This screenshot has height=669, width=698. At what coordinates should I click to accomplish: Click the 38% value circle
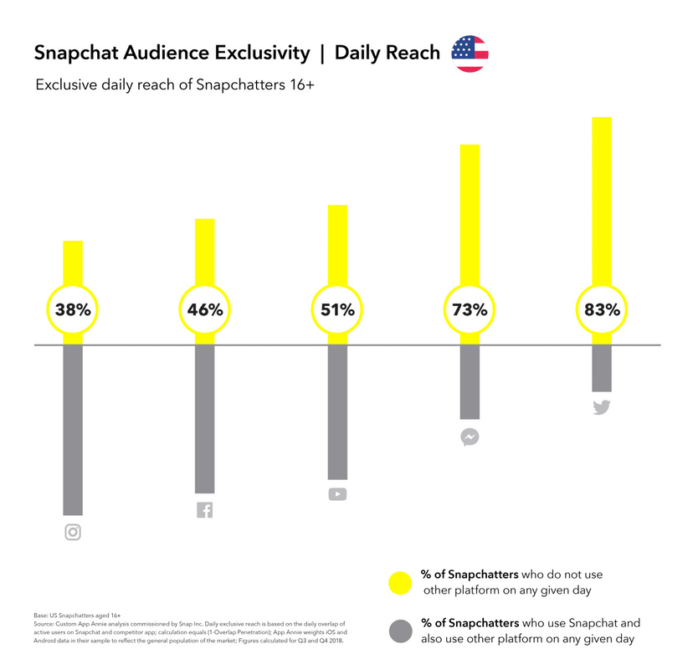point(73,309)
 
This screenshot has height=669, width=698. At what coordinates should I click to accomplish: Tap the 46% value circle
point(205,309)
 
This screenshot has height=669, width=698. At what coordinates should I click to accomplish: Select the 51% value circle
point(337,309)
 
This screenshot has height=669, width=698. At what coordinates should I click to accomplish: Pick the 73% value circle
point(470,309)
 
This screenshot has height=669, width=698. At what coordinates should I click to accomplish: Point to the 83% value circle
point(602,309)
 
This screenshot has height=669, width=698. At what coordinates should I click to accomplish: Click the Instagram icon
point(73,532)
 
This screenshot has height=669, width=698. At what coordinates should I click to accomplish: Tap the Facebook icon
point(205,509)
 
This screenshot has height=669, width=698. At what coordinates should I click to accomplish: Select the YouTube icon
point(337,494)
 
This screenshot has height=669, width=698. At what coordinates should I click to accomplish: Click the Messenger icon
point(470,437)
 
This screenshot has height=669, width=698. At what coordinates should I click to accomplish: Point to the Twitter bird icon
point(602,408)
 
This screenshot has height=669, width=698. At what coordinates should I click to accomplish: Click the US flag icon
point(470,54)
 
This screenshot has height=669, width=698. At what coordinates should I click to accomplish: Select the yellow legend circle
point(401,584)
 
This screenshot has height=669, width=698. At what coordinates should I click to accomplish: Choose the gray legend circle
point(401,631)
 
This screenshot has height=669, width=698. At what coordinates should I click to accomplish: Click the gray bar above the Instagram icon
point(73,431)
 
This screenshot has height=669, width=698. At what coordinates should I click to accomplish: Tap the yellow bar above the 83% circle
point(602,201)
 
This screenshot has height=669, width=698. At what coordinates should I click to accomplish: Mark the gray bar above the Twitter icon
point(602,368)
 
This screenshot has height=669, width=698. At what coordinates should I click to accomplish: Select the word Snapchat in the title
point(74,54)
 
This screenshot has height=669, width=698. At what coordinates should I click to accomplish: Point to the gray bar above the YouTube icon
point(337,410)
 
